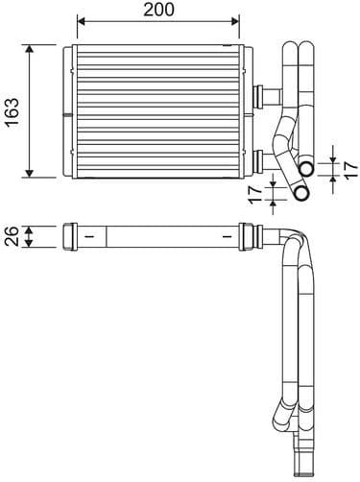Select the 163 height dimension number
click(x=12, y=111)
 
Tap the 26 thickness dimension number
click(x=12, y=235)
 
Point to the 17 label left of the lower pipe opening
click(x=255, y=196)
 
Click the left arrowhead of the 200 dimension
click(x=80, y=21)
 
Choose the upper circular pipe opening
click(x=306, y=169)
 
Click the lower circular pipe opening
click(x=300, y=193)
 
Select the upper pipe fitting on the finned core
click(x=260, y=93)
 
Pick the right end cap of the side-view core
click(x=251, y=235)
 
